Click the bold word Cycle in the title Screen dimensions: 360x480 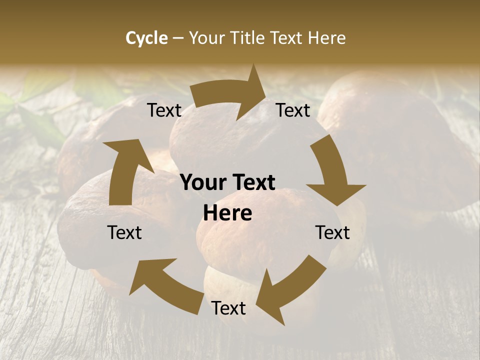(x=146, y=38)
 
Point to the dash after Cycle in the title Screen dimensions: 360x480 (x=178, y=38)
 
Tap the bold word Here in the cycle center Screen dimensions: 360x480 (x=227, y=213)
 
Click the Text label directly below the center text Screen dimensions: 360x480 (x=228, y=308)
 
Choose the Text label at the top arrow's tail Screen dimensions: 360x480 (x=164, y=110)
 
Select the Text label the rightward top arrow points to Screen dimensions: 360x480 (x=293, y=110)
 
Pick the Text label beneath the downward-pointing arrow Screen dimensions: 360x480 (x=332, y=232)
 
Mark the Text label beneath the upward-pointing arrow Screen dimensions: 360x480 (x=124, y=232)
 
